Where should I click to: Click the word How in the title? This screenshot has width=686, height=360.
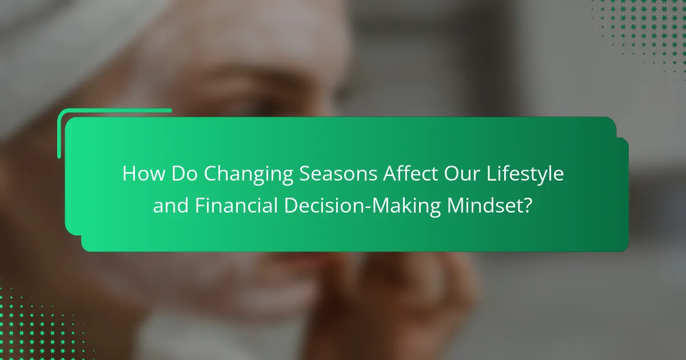(x=144, y=174)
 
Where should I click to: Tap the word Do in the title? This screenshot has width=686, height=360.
(x=184, y=174)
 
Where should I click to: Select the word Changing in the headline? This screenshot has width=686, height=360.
(x=248, y=175)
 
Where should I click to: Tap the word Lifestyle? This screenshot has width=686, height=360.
(x=525, y=175)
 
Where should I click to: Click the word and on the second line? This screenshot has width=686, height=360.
(x=170, y=205)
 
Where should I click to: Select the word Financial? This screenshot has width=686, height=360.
(x=236, y=205)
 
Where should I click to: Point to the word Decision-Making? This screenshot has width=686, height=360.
(x=362, y=207)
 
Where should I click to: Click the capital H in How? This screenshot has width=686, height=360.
(x=129, y=174)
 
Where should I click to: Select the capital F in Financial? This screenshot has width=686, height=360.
(x=200, y=205)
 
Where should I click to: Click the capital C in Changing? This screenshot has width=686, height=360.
(x=210, y=174)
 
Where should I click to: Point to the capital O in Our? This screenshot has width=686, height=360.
(x=452, y=174)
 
